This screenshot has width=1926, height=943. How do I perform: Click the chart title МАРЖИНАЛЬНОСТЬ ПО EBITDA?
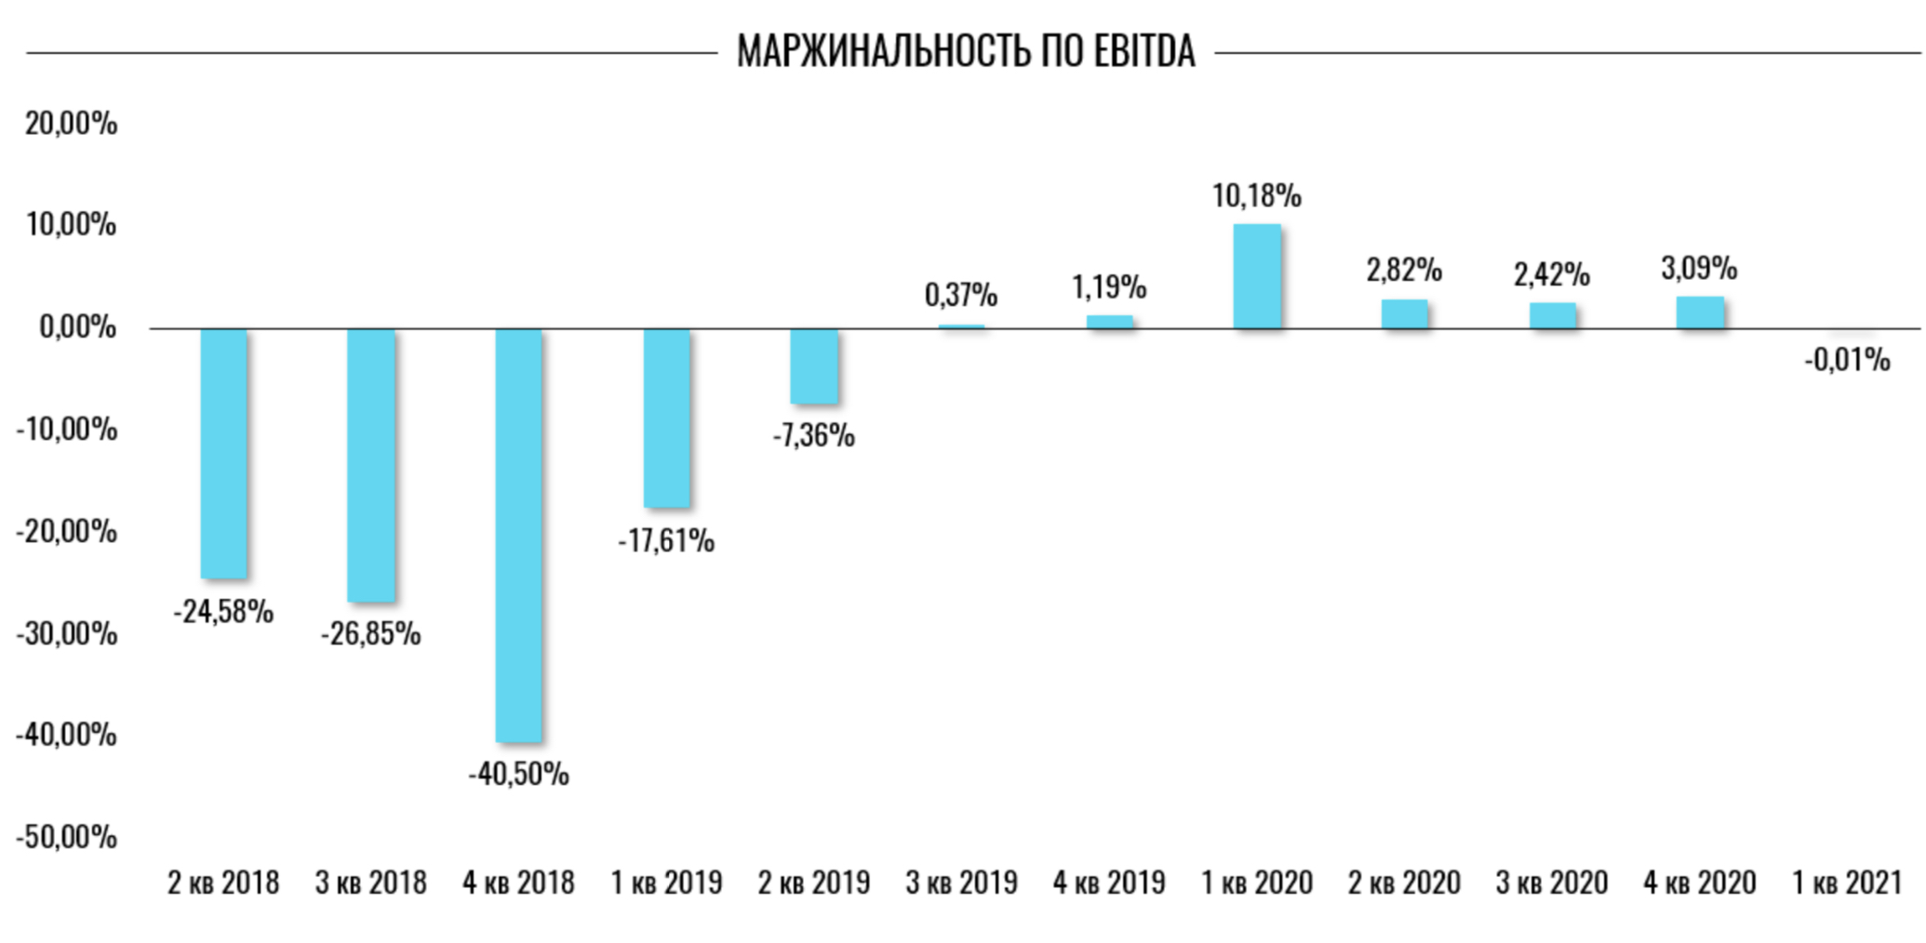966,52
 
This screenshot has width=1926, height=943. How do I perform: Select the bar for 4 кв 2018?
518,535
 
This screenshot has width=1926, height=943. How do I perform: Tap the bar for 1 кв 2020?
1257,276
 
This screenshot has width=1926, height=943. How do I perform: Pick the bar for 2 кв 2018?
224,453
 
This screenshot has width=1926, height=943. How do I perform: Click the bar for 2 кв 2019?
814,365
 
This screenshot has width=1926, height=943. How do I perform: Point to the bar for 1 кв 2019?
667,418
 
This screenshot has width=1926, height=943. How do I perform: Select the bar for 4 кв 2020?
1700,312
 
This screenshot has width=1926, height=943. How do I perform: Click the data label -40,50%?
518,774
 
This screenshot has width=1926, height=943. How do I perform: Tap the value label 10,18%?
1256,196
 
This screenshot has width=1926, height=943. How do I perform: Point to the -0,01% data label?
1847,360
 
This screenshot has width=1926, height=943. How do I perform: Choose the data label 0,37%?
960,296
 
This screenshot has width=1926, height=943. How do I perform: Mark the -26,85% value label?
370,634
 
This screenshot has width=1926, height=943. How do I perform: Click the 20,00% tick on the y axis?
71,124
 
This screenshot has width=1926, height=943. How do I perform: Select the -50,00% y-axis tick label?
66,837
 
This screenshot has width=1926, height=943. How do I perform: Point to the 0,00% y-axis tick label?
77,327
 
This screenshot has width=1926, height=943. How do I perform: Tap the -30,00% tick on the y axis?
66,634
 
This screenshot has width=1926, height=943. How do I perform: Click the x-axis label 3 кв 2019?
961,882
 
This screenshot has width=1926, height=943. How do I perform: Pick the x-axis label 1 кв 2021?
1847,882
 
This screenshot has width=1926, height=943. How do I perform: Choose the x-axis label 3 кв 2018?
370,882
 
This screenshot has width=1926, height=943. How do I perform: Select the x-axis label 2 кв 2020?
1404,882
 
